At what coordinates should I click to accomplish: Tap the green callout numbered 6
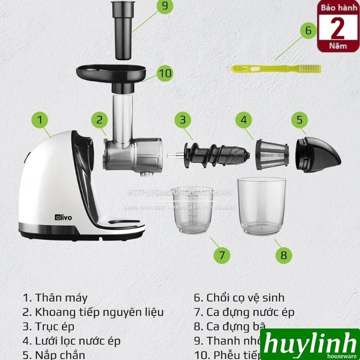click(x=308, y=30)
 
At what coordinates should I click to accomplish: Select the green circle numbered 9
click(x=163, y=7)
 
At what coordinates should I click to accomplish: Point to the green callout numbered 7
click(x=221, y=255)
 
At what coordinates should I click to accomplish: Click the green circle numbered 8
click(x=283, y=255)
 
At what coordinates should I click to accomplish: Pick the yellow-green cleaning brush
click(x=275, y=68)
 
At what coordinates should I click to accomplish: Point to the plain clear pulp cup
click(x=261, y=205)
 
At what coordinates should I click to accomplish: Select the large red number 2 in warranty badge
click(x=338, y=28)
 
